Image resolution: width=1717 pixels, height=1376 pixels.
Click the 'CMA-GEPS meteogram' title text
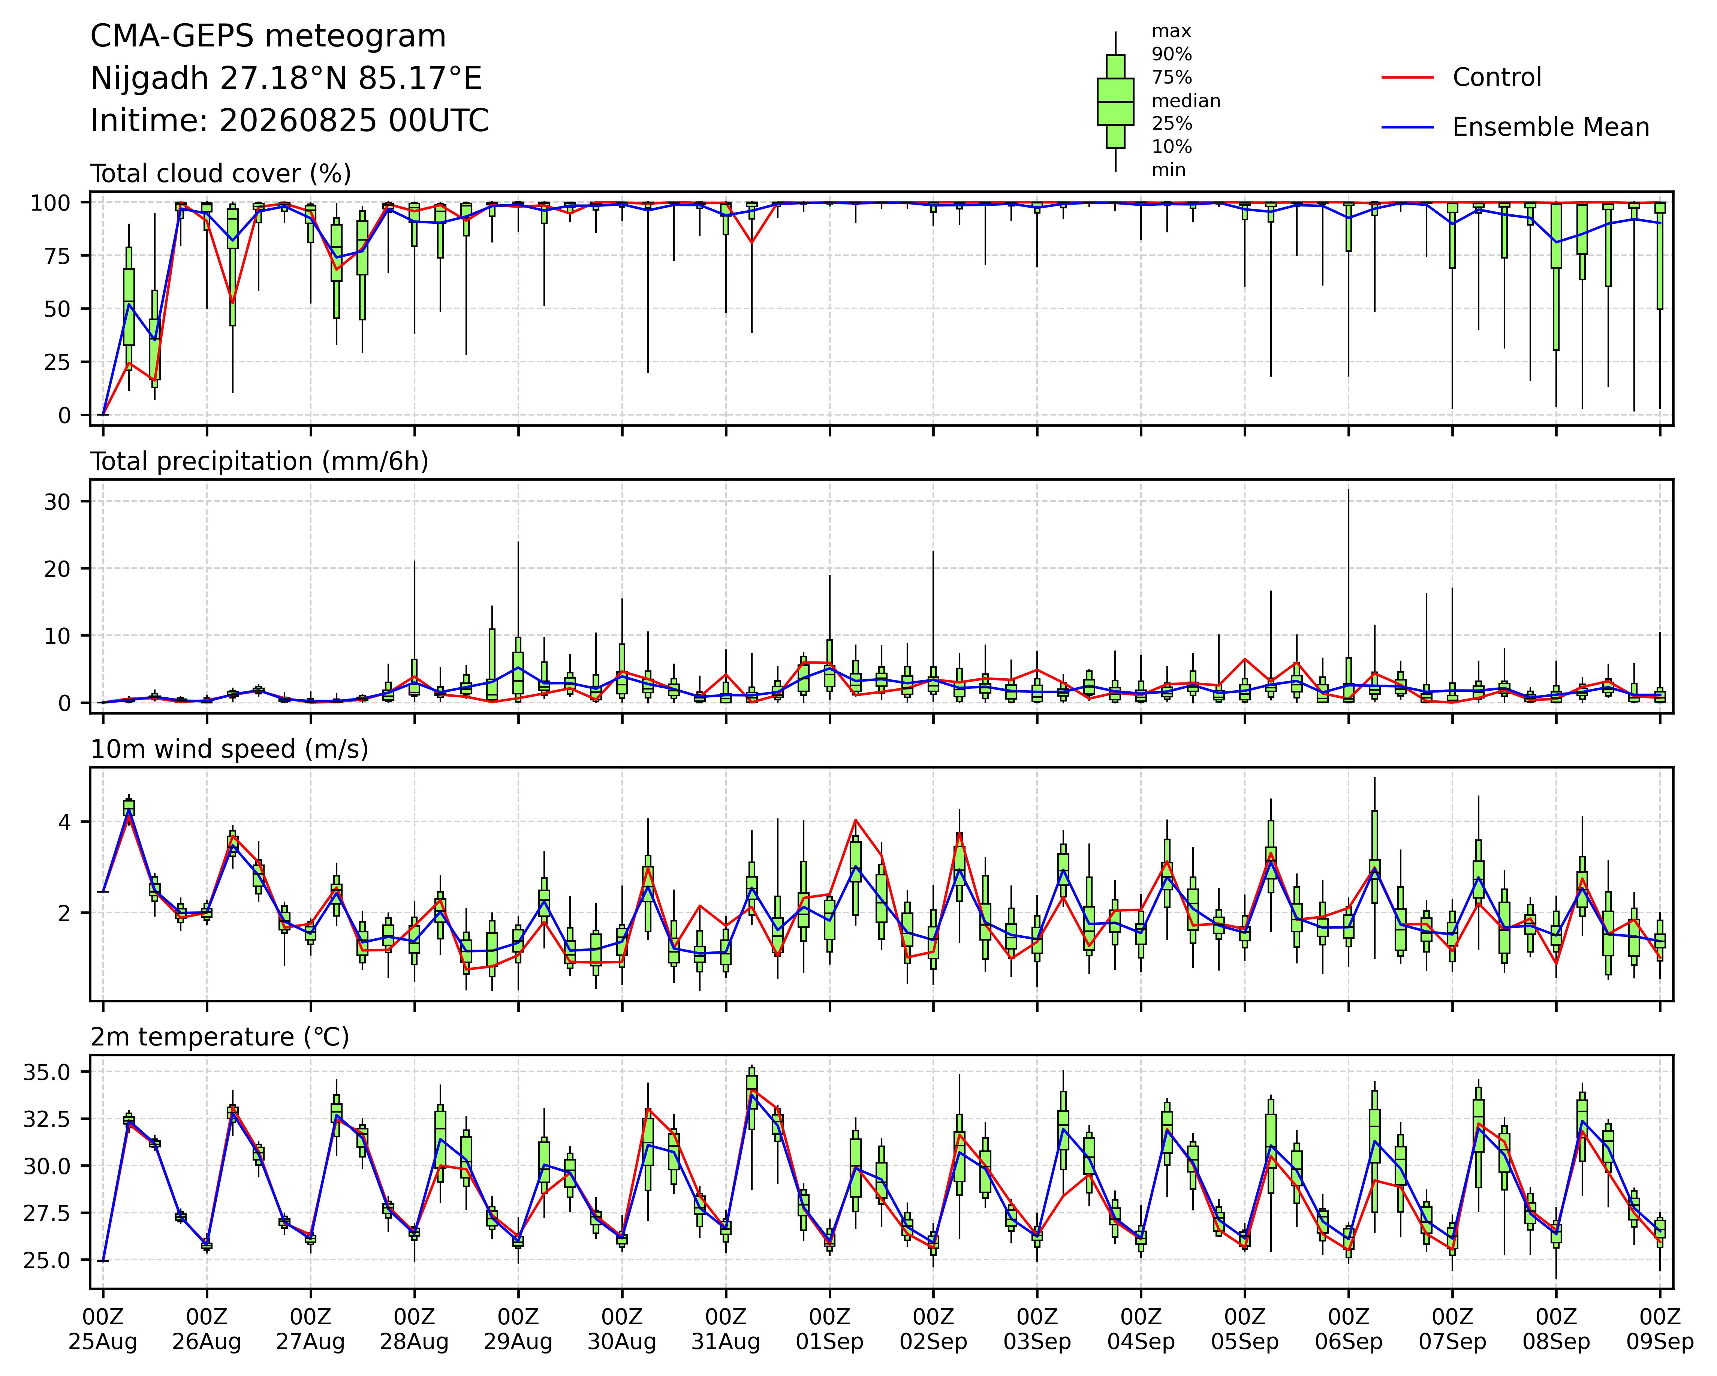click(268, 37)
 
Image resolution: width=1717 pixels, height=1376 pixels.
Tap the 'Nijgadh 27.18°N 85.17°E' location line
click(286, 79)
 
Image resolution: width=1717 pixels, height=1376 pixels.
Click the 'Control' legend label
click(1496, 77)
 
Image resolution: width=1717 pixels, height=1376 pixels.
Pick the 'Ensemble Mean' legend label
click(1551, 127)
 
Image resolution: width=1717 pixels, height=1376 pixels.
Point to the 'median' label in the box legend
click(1186, 101)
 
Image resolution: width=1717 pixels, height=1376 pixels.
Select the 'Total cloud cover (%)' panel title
click(221, 173)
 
